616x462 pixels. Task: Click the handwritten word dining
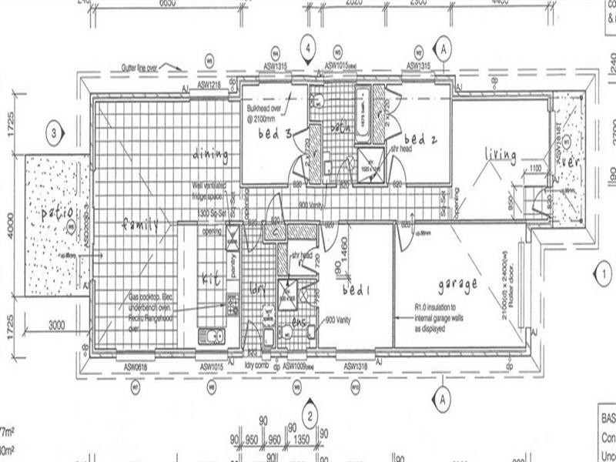[211, 155]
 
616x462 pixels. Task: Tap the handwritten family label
[139, 224]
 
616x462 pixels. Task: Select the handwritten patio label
[57, 210]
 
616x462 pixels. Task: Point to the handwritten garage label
[457, 284]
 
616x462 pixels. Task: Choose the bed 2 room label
[420, 139]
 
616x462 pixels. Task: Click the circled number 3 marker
[53, 132]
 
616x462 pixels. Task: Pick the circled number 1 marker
[604, 272]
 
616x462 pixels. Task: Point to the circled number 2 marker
[309, 417]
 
